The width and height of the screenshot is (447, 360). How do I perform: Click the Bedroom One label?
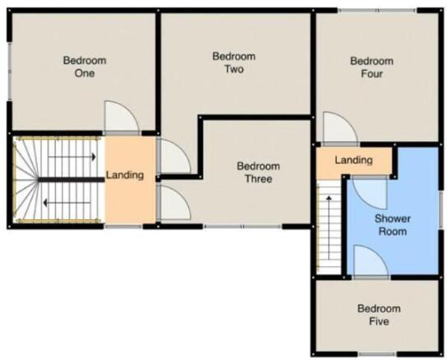coord(85,67)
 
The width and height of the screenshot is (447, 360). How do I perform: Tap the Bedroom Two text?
coord(234,63)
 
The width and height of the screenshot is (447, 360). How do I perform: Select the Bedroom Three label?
coord(258,172)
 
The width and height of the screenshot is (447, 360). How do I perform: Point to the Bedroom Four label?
coord(372,68)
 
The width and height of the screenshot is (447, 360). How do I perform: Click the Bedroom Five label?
coord(379,315)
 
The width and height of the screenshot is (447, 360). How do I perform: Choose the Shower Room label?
coord(393,225)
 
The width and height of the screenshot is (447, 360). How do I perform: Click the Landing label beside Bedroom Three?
coord(125,175)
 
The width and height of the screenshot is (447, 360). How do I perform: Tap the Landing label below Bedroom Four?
coord(353,160)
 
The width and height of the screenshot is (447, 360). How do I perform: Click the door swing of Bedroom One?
coord(122,118)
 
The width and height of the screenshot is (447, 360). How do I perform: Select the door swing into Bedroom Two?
coord(175,156)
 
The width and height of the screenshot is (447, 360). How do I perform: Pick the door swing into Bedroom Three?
coord(175,203)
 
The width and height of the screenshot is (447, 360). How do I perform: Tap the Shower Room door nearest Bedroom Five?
coord(371,261)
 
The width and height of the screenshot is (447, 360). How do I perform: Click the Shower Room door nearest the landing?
coord(370,193)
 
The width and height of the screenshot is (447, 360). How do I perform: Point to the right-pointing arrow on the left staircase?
coord(72,157)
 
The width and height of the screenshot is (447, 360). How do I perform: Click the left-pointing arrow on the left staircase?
coord(67,203)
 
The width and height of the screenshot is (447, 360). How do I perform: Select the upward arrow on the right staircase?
coord(329,227)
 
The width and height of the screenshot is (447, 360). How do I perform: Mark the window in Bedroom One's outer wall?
coord(9,72)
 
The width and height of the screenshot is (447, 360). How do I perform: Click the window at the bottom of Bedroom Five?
coord(377,354)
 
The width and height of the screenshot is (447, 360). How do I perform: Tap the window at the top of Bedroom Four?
coord(377,11)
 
